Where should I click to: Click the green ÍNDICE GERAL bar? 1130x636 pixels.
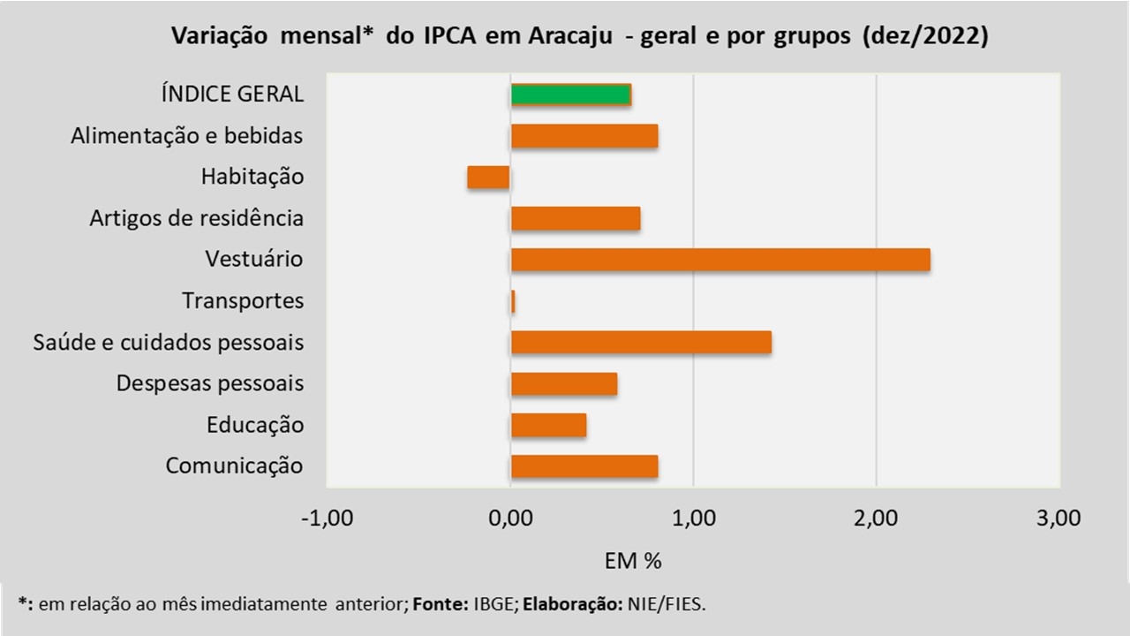(x=570, y=95)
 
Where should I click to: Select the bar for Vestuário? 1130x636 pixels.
(x=719, y=260)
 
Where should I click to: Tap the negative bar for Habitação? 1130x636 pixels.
(x=488, y=177)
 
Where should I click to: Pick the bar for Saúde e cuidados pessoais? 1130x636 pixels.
(x=641, y=342)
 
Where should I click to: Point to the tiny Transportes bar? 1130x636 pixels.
(x=513, y=301)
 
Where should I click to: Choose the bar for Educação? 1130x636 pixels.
(x=548, y=425)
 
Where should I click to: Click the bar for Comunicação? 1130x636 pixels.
(x=584, y=466)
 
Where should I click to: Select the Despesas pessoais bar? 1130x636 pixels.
(x=563, y=384)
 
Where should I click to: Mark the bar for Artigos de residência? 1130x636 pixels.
(x=576, y=218)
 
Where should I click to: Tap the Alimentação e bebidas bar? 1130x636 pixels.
(x=584, y=136)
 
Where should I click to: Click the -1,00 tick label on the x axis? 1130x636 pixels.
(x=327, y=519)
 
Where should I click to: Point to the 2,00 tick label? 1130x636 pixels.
(x=876, y=519)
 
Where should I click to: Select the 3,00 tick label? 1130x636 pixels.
(x=1058, y=519)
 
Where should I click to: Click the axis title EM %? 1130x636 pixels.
(x=633, y=561)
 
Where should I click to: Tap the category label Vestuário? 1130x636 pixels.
(x=254, y=260)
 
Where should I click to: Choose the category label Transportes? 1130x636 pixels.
(x=243, y=301)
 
